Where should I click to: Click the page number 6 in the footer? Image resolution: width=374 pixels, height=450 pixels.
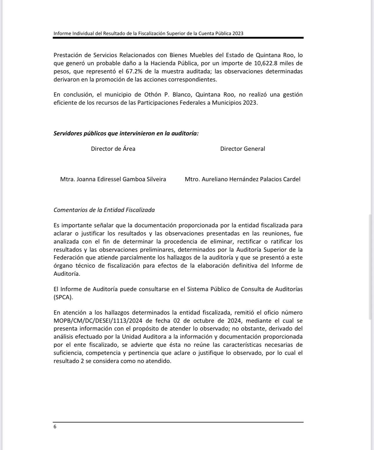tap(55, 427)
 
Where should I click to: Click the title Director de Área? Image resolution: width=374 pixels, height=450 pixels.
tap(113, 149)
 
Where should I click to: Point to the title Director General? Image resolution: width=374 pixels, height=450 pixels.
tap(242, 149)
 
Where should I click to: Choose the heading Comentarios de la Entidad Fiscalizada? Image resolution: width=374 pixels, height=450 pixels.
tap(104, 210)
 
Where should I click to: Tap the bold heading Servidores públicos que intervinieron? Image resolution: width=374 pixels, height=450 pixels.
tap(126, 134)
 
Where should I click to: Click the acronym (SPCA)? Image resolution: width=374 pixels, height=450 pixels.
tap(63, 297)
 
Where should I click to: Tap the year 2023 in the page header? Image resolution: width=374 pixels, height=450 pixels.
tap(237, 33)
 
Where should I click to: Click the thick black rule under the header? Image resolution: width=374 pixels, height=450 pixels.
tap(178, 38)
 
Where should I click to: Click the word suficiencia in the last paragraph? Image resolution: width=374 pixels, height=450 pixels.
tap(68, 353)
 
